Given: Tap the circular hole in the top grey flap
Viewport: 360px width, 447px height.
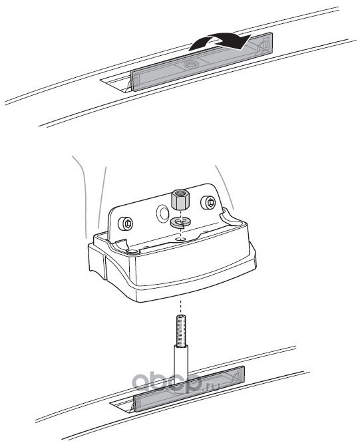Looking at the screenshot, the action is (x=190, y=65).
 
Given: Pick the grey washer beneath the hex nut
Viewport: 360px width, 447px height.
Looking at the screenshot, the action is (x=178, y=222).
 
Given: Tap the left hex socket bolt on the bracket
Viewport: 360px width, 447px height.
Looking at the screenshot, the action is (x=126, y=223).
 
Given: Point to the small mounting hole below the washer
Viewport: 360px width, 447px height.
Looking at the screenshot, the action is (x=179, y=237).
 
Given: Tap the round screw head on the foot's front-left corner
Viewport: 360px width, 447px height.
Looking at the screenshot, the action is (x=132, y=251).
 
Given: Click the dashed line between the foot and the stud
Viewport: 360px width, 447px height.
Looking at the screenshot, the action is (x=180, y=307).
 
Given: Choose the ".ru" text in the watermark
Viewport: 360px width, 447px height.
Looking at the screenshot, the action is (x=212, y=387).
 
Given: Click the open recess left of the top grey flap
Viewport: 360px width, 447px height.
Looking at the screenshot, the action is (x=116, y=83).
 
